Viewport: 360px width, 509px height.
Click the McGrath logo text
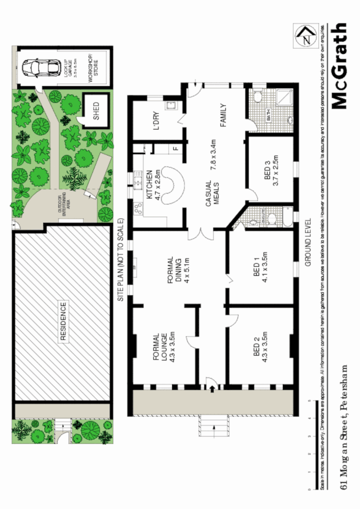(340, 66)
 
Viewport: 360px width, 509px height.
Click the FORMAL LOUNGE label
(160, 348)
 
